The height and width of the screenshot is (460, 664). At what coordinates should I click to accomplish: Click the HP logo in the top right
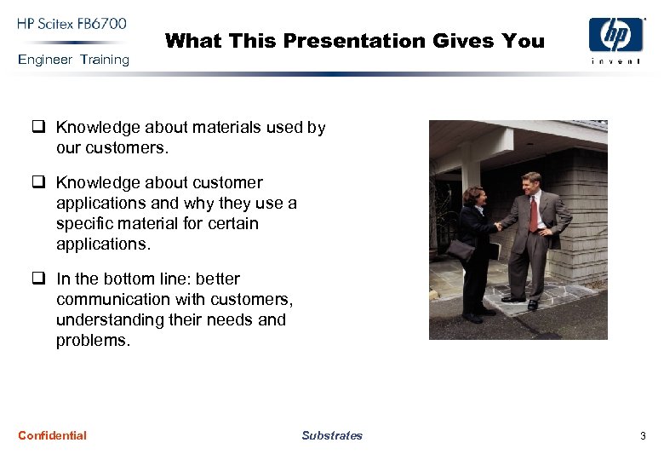click(616, 36)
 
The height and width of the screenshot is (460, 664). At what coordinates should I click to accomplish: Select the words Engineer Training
click(73, 60)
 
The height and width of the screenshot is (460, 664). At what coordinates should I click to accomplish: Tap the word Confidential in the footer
click(52, 435)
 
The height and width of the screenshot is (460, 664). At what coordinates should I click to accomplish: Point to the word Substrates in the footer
click(331, 435)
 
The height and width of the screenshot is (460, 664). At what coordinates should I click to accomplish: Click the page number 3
click(643, 436)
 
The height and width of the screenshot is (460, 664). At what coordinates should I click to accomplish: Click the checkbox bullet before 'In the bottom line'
click(38, 279)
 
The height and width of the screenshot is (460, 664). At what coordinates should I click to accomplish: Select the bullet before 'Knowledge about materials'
click(38, 127)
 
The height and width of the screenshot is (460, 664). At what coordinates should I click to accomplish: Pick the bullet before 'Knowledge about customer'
click(38, 182)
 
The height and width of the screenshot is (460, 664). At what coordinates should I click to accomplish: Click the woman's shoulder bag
click(461, 250)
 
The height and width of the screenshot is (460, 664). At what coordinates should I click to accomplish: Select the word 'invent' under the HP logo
click(616, 61)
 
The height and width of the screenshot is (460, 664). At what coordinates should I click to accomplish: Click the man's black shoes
click(520, 301)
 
